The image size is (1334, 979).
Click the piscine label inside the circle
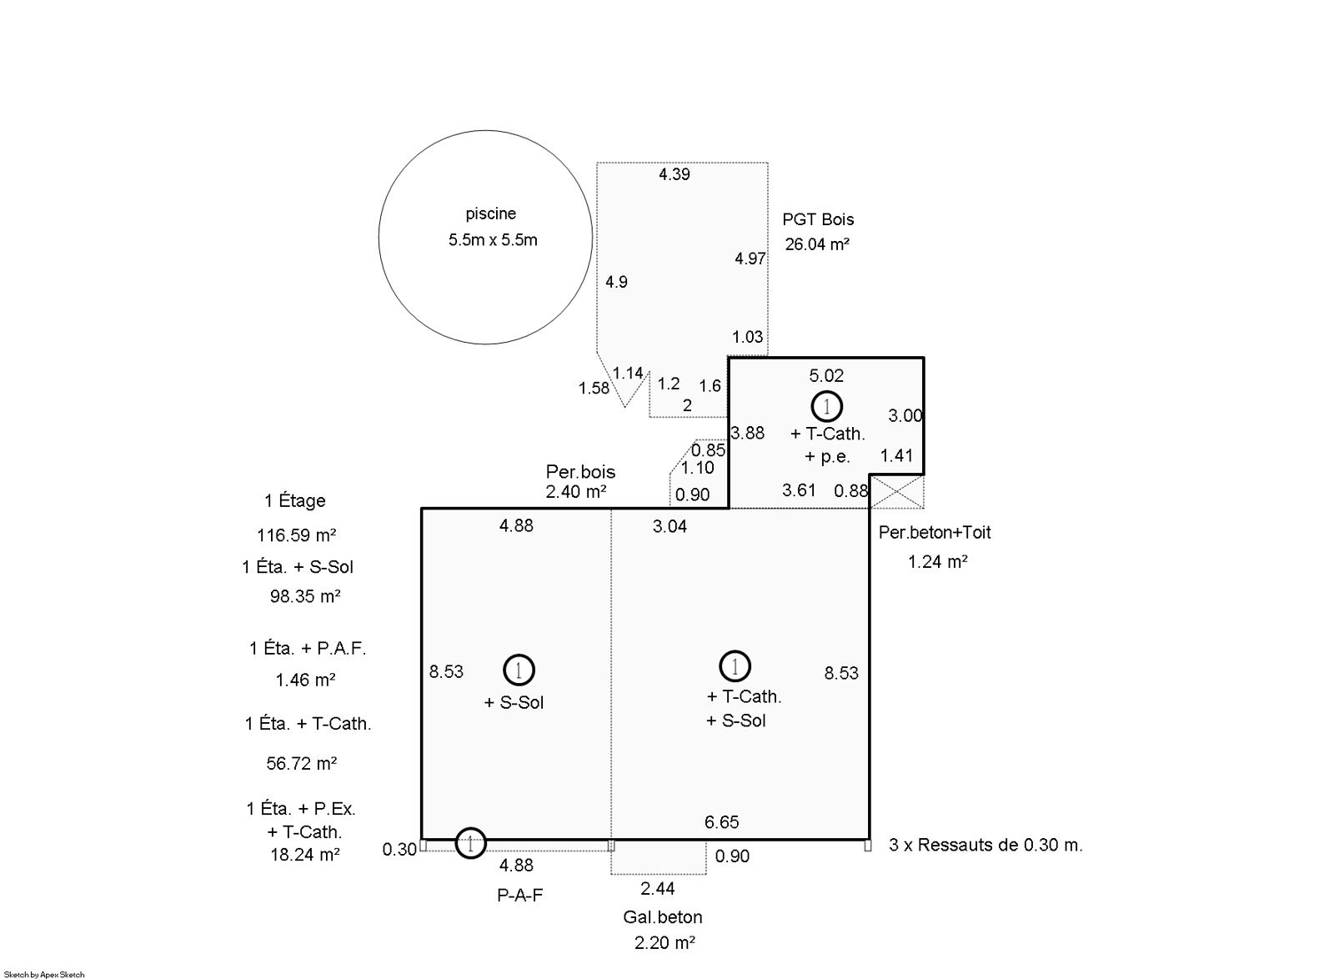491,213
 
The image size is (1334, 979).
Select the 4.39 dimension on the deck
675,174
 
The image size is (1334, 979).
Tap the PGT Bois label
818,219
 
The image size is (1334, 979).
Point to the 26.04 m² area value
816,244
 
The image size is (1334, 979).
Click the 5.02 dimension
826,376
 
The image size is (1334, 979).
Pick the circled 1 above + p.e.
826,407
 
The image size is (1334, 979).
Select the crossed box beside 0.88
897,491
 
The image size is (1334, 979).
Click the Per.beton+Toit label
935,532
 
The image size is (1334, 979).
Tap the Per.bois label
580,472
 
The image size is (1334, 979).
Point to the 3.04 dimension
670,526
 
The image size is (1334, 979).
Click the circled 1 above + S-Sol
519,670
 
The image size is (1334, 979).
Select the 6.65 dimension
721,822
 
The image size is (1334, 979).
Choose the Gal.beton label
662,917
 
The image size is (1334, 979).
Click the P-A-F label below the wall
520,895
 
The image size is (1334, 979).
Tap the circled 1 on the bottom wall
470,842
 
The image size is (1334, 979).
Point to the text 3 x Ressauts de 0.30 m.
985,845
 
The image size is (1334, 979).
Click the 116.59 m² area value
296,535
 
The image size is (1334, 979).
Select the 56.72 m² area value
301,763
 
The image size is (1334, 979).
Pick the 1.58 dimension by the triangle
594,389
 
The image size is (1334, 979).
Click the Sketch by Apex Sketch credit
44,975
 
